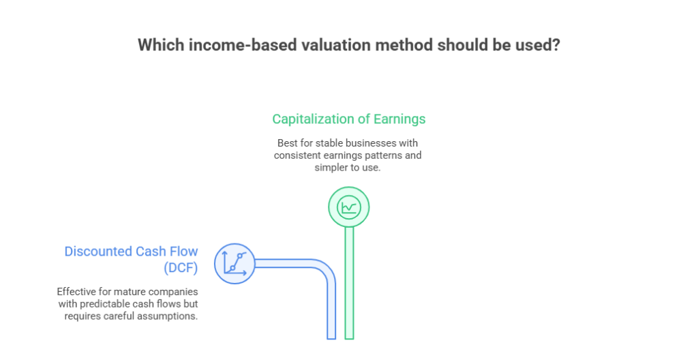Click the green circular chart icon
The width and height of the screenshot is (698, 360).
tap(348, 206)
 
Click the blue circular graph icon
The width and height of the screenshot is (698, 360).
tap(234, 262)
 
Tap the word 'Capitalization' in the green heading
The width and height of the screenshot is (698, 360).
tap(313, 119)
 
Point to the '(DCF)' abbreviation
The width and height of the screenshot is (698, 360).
tap(181, 268)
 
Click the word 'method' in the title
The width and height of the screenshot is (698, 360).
tap(399, 45)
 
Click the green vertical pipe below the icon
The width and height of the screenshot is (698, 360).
tap(349, 286)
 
